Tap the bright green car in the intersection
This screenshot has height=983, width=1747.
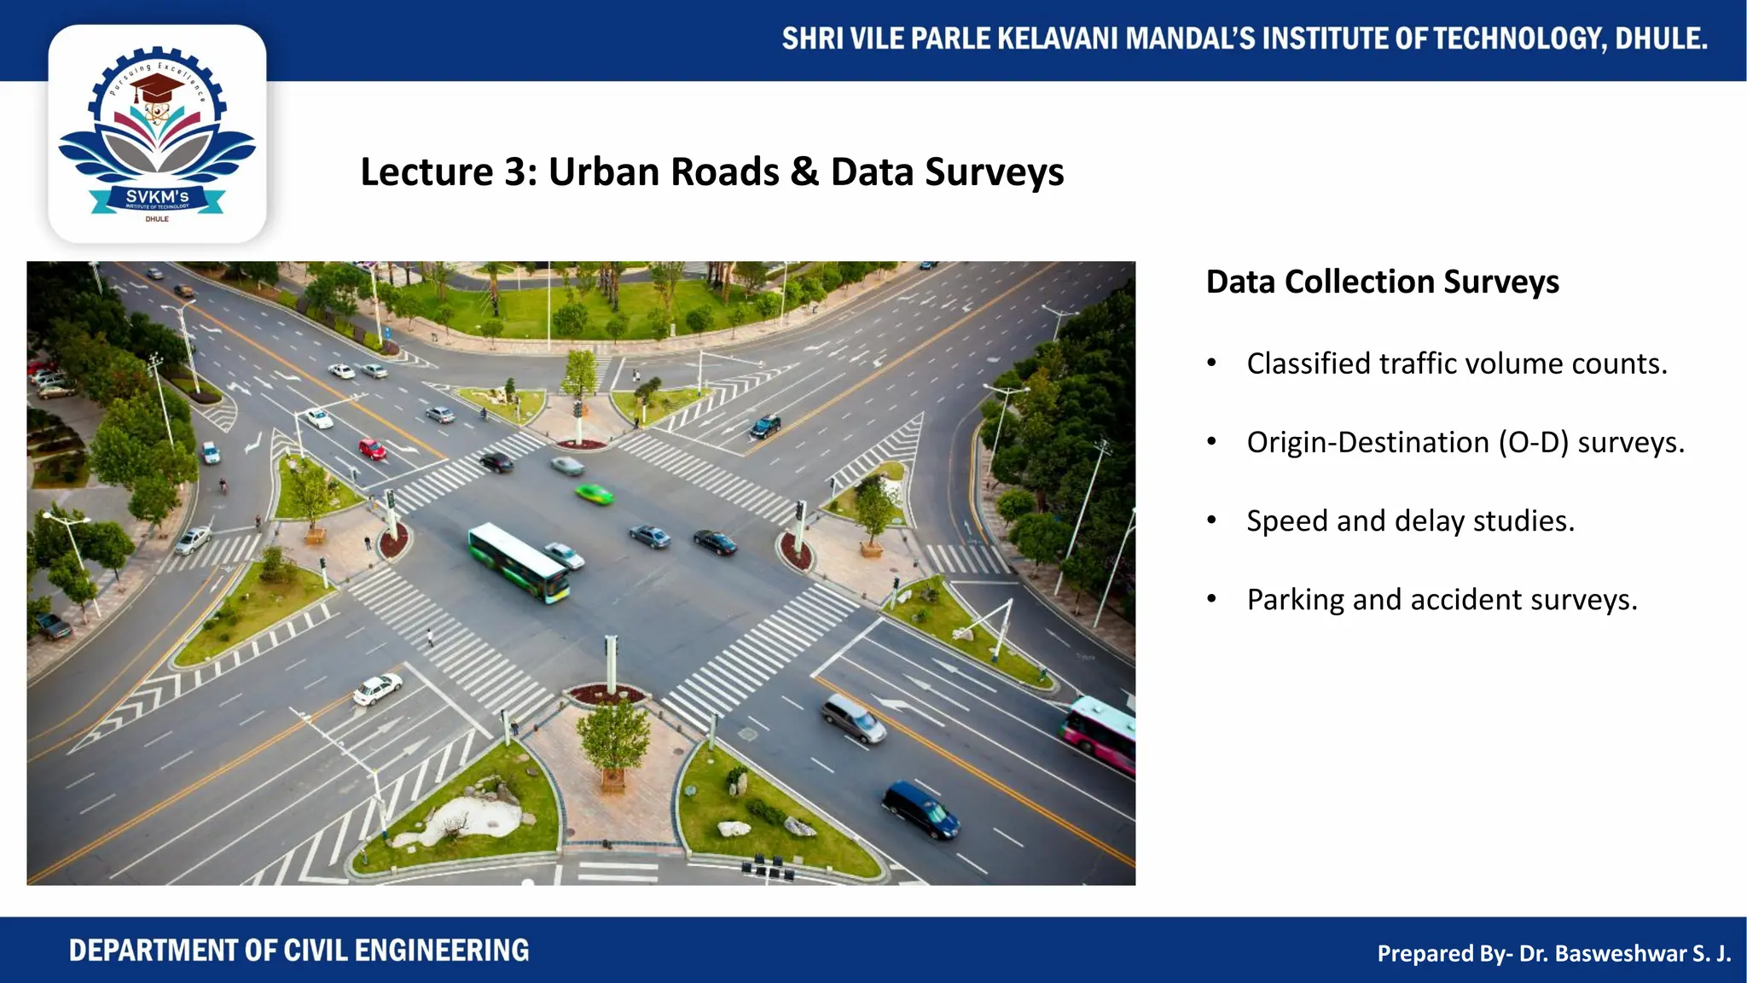click(x=595, y=493)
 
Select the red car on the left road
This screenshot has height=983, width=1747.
click(x=372, y=449)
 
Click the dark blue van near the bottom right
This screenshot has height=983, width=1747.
click(x=920, y=809)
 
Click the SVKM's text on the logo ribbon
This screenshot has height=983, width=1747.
click(x=157, y=197)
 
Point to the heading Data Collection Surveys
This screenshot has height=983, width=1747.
click(x=1382, y=282)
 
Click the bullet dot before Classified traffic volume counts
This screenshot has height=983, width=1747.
click(x=1211, y=364)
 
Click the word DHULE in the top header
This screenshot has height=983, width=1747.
click(x=1660, y=39)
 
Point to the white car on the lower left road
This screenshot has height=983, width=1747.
click(x=378, y=688)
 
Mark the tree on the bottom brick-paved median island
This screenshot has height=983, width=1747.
click(x=612, y=736)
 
